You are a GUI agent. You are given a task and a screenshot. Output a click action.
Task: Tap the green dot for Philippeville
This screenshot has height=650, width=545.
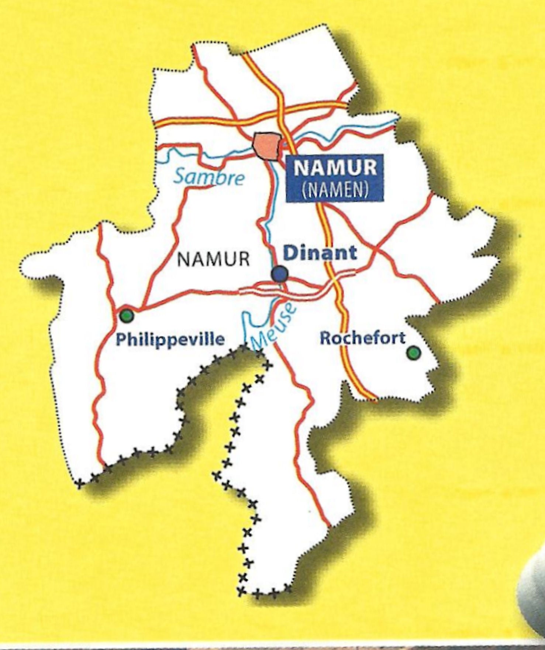click(x=127, y=316)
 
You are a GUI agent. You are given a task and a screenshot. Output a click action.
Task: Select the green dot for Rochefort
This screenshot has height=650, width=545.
click(x=413, y=352)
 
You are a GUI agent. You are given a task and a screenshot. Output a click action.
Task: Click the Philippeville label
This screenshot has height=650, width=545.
click(x=170, y=340)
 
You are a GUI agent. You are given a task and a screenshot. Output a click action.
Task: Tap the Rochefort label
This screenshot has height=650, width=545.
click(x=362, y=338)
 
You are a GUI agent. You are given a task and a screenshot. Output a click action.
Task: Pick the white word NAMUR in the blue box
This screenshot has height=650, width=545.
click(x=335, y=168)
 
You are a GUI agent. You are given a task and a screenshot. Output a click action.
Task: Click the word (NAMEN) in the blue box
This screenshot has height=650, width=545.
click(x=335, y=189)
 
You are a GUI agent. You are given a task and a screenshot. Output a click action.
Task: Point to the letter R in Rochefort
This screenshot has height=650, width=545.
click(x=325, y=338)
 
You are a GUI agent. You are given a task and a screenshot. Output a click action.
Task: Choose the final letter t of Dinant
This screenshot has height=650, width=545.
click(x=353, y=254)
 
